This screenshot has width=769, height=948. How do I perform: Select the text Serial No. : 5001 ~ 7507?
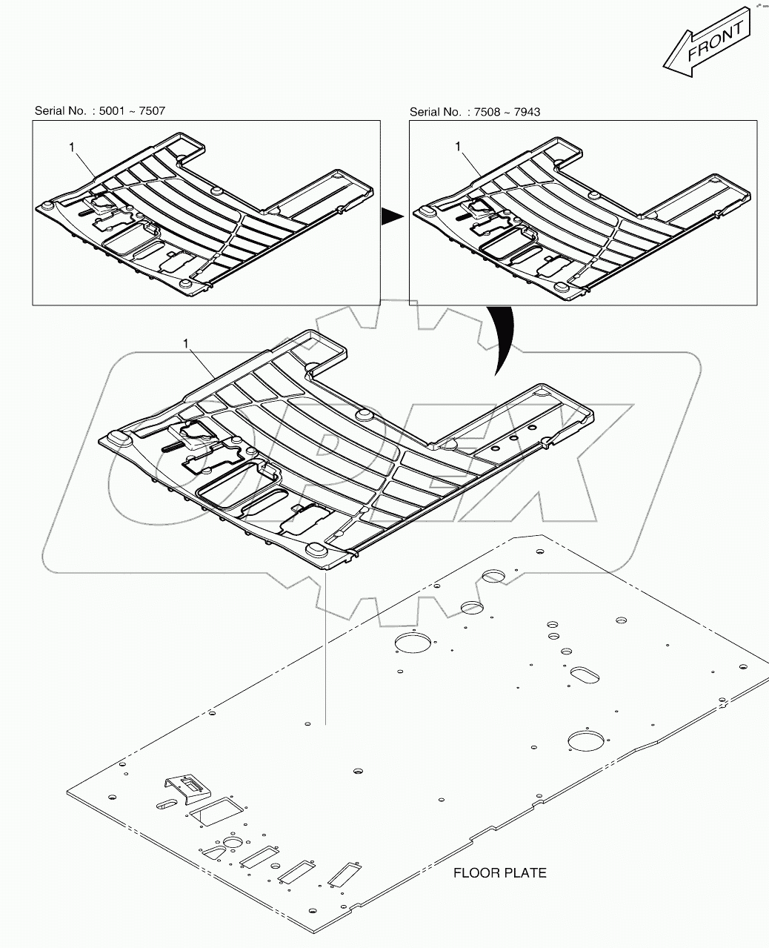point(100,111)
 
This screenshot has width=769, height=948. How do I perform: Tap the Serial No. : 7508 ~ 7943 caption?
point(475,112)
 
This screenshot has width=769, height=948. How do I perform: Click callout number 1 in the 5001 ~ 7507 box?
point(72,148)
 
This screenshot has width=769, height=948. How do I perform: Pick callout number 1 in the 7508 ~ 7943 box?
point(458,147)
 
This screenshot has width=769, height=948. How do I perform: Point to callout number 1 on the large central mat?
point(186,344)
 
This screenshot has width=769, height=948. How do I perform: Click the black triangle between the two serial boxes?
point(391,216)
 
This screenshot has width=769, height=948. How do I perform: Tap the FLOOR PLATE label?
point(500,873)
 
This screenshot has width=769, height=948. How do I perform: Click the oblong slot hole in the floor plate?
point(585,675)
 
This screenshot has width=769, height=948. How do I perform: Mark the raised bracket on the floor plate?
point(183,788)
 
